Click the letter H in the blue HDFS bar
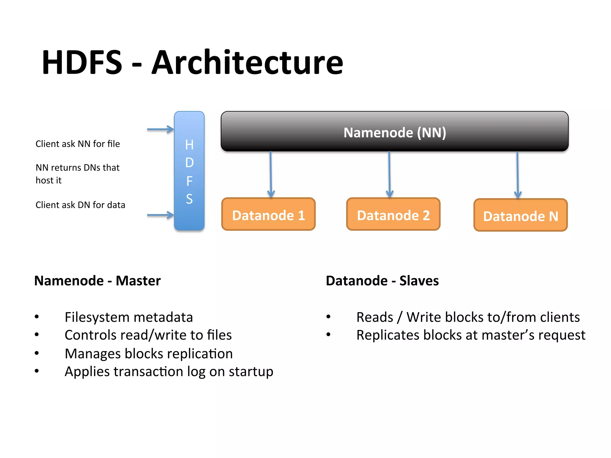(189, 145)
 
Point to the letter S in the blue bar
(189, 199)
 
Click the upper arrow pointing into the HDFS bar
(160, 129)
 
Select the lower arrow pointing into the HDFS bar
(160, 215)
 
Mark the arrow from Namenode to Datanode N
(518, 174)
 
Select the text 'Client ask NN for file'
(78, 144)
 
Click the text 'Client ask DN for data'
(80, 205)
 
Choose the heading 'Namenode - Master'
(97, 281)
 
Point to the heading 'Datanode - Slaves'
(382, 281)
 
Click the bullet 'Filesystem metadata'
(129, 317)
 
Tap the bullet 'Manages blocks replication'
(149, 354)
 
